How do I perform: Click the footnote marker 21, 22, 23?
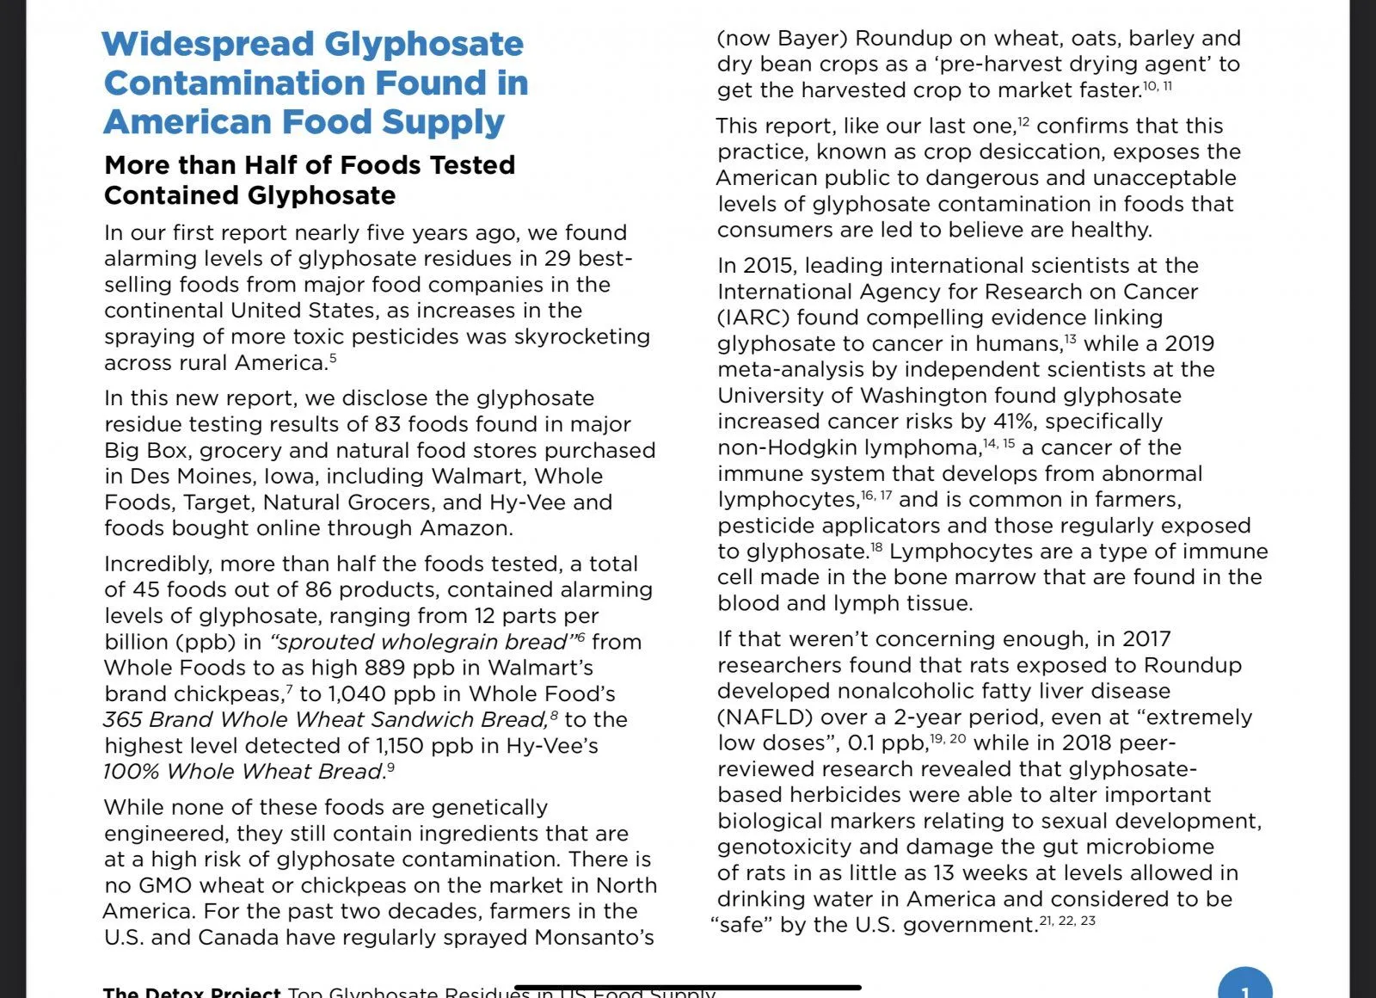point(1067,921)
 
